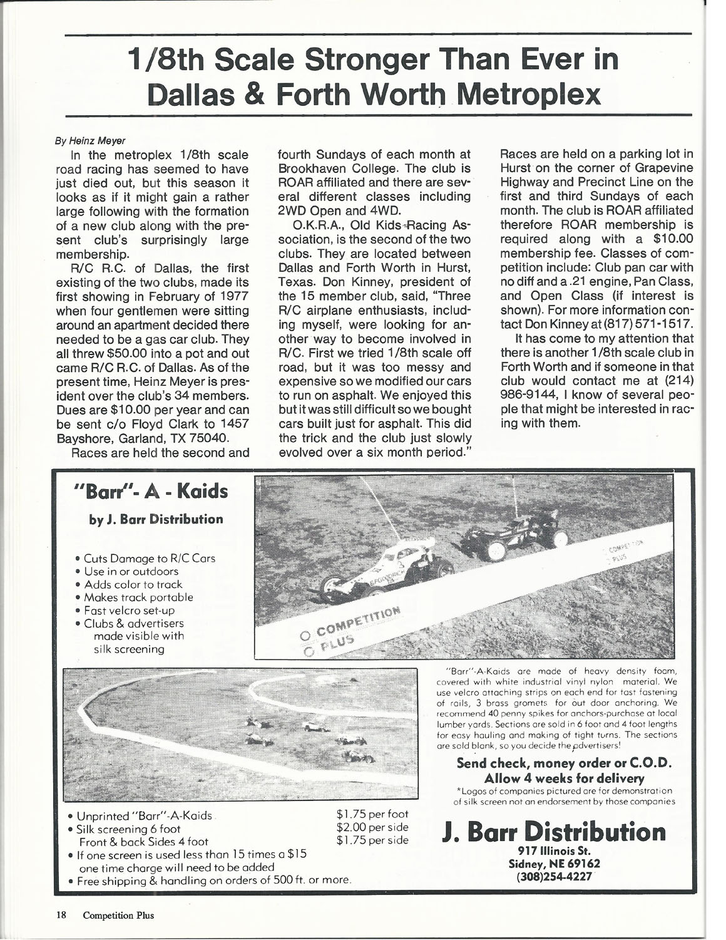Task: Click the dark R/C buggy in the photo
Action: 513,534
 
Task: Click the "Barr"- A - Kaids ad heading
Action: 150,492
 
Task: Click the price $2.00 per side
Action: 372,827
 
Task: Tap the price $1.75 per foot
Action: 372,814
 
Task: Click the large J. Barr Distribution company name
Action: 554,832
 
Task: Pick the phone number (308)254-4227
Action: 554,876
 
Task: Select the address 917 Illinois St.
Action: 554,851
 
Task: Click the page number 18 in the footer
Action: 62,915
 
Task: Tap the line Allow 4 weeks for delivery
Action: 564,778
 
